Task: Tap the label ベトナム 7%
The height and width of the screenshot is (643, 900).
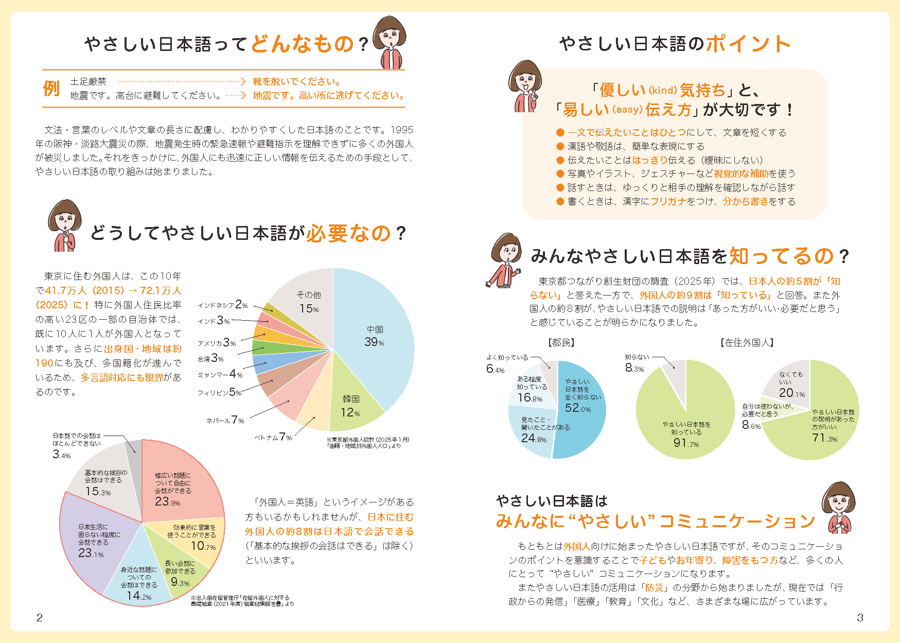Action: (x=273, y=437)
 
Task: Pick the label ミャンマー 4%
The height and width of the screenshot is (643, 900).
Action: (x=220, y=374)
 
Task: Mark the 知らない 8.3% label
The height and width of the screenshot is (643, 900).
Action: (x=636, y=362)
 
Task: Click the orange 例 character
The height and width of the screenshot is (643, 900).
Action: (x=51, y=89)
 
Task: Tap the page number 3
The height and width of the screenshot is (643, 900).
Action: (x=860, y=618)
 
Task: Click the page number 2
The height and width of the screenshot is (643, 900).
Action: (x=40, y=618)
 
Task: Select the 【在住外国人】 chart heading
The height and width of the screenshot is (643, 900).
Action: (x=747, y=343)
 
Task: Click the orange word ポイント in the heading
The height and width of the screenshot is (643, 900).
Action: (x=749, y=44)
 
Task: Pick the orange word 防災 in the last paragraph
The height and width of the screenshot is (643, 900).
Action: (x=654, y=587)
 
